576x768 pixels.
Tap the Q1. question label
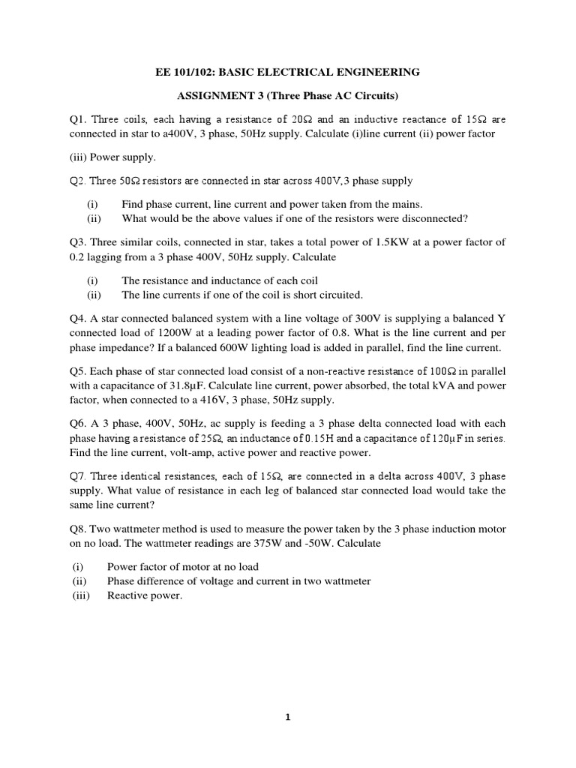tap(78, 119)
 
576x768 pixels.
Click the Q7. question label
tap(78, 475)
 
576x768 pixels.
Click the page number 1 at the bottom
tap(288, 717)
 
